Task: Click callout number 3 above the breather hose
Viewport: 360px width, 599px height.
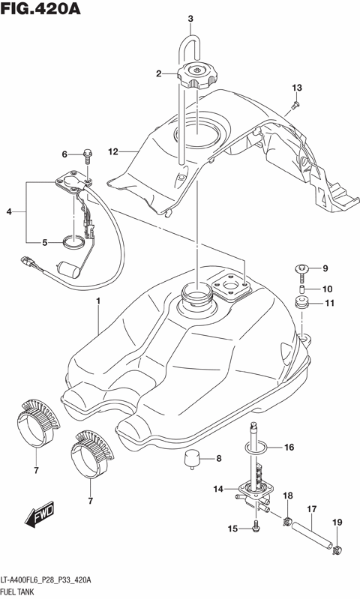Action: click(190, 19)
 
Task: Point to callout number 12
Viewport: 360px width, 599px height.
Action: click(114, 152)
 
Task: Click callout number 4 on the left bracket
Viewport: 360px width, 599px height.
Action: click(10, 212)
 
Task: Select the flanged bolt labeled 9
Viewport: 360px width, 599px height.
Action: click(303, 270)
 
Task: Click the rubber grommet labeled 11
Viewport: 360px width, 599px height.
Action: click(304, 304)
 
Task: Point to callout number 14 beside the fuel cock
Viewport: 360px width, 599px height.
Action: click(217, 490)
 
